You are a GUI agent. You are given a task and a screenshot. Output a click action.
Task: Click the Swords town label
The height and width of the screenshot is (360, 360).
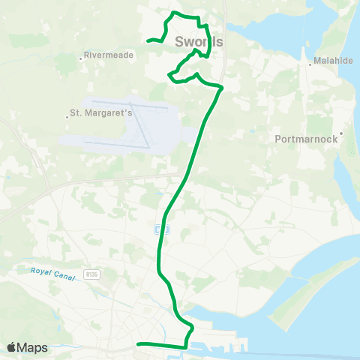(199, 42)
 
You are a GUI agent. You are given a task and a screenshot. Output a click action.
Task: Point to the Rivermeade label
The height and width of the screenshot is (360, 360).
(109, 55)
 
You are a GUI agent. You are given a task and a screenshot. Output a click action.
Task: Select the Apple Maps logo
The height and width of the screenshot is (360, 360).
(27, 347)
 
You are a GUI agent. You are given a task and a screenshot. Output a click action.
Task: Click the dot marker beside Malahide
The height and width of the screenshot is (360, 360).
(310, 64)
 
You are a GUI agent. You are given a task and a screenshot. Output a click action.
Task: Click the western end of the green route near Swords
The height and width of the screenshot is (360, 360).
(148, 40)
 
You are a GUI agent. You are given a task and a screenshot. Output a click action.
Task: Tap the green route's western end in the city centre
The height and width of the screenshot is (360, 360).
(138, 344)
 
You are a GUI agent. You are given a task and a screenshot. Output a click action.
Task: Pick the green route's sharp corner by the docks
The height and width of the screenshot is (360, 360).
(185, 347)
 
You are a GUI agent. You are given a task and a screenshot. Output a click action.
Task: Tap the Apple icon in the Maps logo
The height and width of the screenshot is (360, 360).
(12, 347)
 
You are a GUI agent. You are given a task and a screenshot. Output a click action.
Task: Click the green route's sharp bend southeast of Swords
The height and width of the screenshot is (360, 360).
(222, 88)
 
